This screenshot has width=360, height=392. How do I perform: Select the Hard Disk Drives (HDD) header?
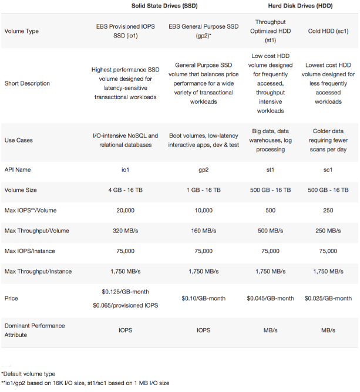point(298,5)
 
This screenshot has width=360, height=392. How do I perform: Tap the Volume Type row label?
point(21,31)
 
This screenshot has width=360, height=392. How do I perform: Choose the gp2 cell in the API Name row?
point(203,170)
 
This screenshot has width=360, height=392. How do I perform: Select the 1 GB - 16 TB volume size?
point(203,190)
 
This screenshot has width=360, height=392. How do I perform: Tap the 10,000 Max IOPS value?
point(203,210)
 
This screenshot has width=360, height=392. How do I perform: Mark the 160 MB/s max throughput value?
point(203,231)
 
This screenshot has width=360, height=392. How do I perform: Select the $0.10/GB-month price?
point(203,299)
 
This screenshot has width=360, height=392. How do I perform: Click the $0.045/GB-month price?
point(271,299)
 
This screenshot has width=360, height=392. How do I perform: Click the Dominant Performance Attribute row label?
point(34,329)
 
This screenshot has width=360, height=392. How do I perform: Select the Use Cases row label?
point(18,140)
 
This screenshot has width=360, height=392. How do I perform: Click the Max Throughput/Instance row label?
point(38,271)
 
